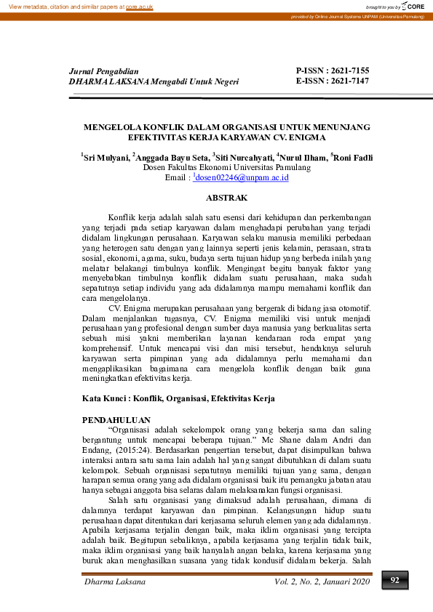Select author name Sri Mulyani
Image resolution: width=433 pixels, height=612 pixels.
pyautogui.click(x=107, y=157)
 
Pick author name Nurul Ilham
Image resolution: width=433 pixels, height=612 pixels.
pyautogui.click(x=303, y=157)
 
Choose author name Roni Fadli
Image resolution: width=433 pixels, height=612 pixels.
pyautogui.click(x=354, y=157)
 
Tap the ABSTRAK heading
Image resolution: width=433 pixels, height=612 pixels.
pyautogui.click(x=227, y=198)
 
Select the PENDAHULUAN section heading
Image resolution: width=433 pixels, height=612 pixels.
pyautogui.click(x=116, y=420)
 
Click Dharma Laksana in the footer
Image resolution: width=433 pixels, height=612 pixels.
pyautogui.click(x=116, y=581)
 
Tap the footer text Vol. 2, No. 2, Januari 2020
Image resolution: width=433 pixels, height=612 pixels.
pyautogui.click(x=322, y=581)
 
